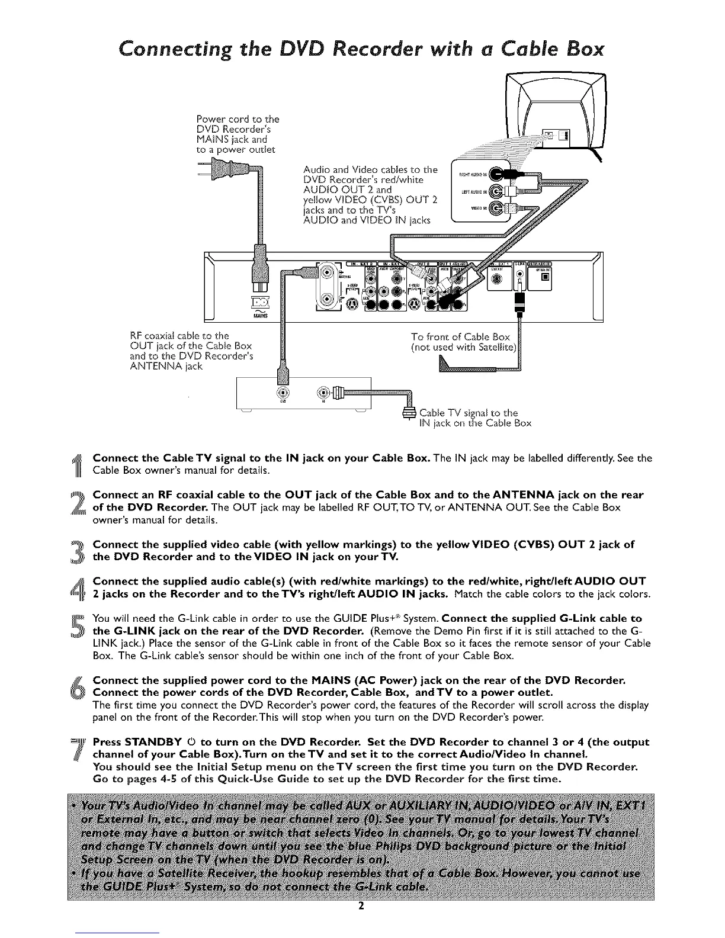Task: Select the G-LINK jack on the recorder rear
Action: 519,274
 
